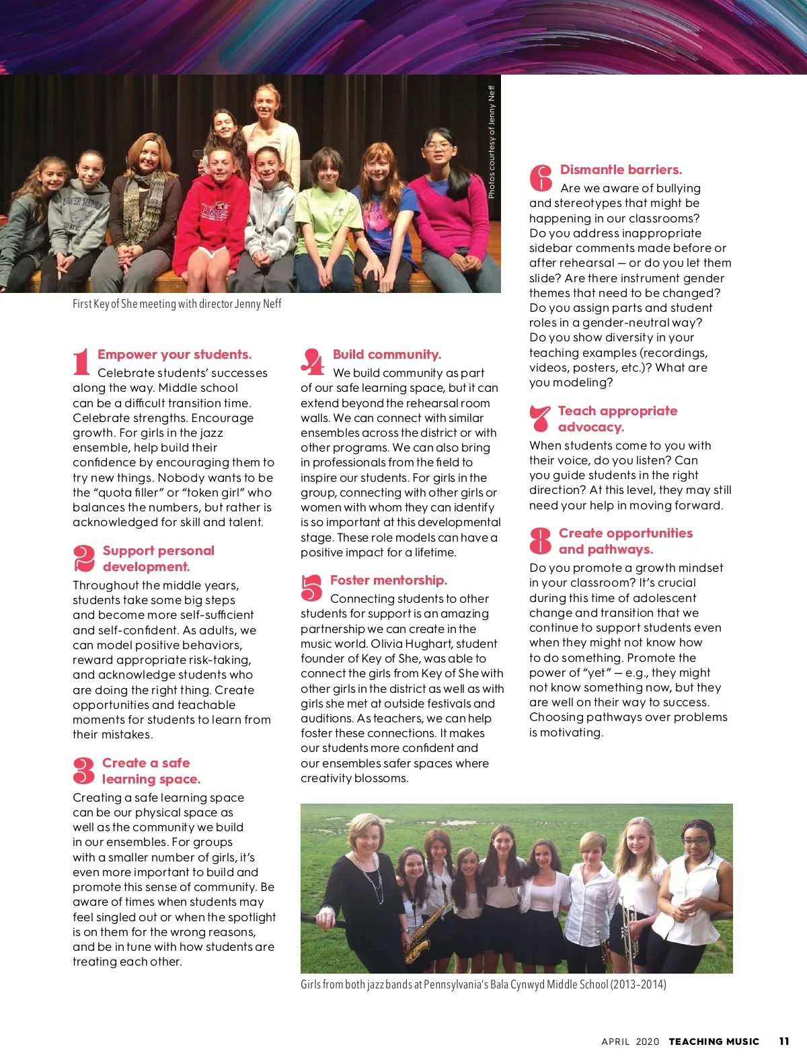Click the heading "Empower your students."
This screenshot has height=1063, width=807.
174,355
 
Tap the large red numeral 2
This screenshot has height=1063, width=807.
84,558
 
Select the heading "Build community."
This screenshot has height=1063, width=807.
387,355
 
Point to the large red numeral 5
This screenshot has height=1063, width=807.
311,588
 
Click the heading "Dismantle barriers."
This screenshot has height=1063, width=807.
621,170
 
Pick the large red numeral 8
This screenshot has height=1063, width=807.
540,541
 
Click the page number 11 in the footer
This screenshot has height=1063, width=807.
784,1041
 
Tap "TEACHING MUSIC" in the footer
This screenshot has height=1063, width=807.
714,1041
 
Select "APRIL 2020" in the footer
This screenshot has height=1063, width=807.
630,1041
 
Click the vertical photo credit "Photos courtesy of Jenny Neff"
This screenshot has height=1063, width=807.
492,142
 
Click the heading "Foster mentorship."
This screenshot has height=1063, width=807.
388,581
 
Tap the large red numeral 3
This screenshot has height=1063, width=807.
83,771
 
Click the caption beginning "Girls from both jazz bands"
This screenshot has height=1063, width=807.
483,984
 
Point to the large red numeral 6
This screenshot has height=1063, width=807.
541,178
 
